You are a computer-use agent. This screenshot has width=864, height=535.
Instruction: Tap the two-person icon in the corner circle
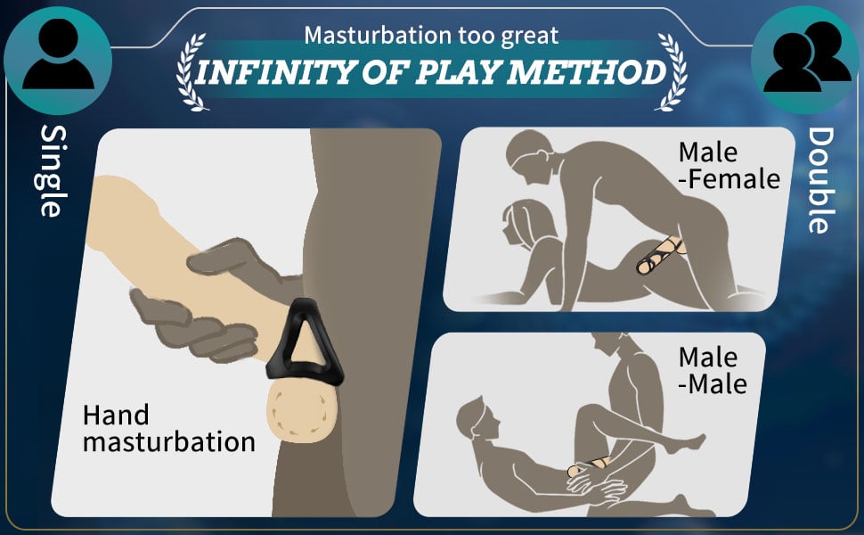pos(807,57)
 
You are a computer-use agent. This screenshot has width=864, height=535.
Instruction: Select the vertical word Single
pos(53,170)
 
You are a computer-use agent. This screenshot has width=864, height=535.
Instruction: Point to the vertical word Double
pos(821,180)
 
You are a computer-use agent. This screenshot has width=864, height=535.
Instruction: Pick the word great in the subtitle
pos(529,37)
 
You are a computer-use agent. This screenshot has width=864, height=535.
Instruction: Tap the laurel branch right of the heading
pos(672,71)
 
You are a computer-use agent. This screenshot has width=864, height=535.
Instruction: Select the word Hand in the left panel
pos(116,415)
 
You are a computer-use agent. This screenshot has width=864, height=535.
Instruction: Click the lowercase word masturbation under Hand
pos(169,442)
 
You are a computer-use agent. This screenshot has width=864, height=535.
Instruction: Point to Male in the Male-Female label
pos(708,152)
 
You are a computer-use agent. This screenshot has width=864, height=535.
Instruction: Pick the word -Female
pos(729,179)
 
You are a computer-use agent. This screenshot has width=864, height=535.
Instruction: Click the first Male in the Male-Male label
pos(708,358)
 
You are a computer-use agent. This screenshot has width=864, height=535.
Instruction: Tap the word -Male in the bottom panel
pos(713,384)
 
